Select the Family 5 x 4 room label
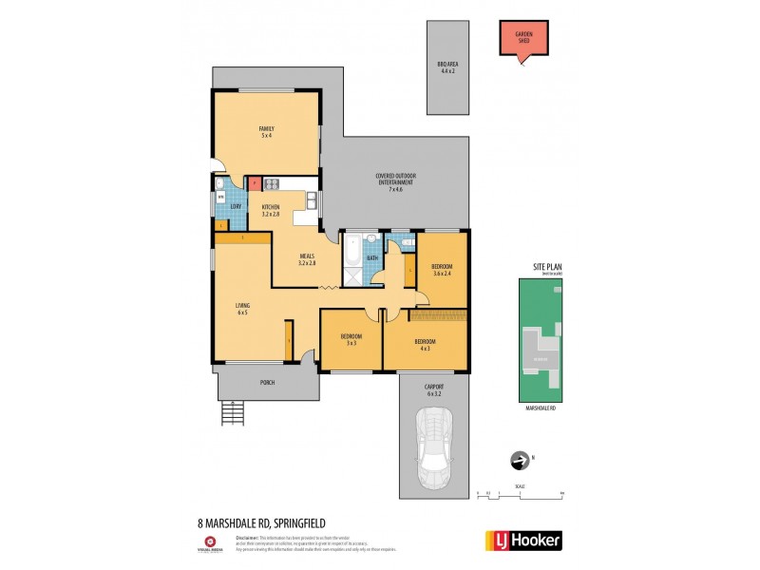coord(266,131)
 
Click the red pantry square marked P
coord(255,184)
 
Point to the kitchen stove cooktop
coord(270,184)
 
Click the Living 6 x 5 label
coord(242,309)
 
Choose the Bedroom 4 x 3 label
coord(425,344)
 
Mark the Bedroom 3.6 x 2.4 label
coord(442,270)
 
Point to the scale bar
coord(521,495)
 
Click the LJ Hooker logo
coord(523,540)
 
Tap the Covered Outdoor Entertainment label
coord(395,182)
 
